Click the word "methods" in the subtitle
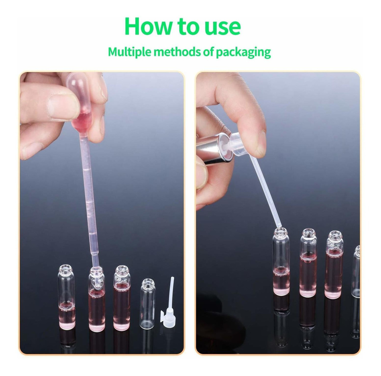(177, 52)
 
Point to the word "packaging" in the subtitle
(243, 53)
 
